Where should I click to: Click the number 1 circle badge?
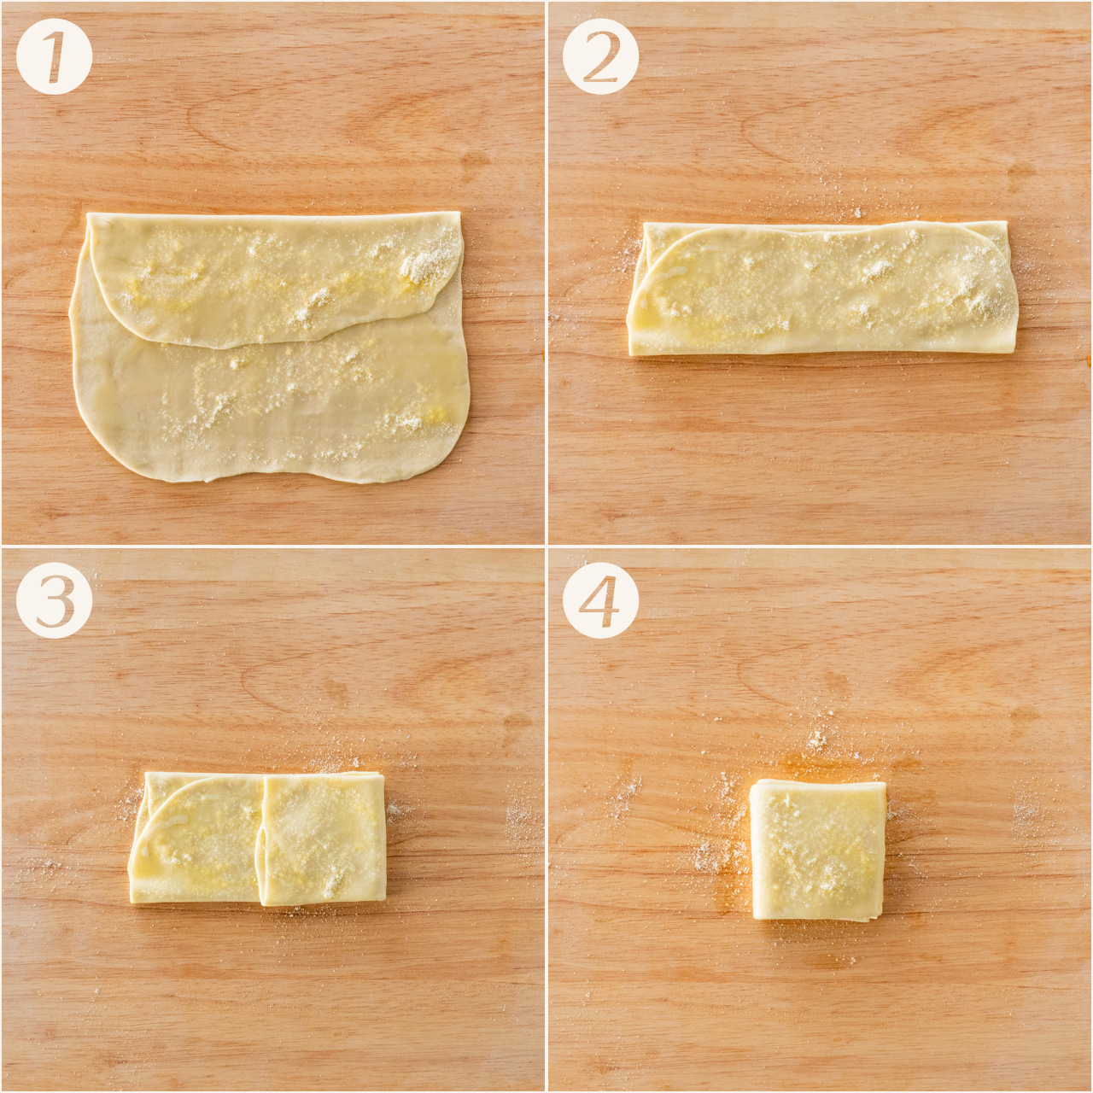[54, 56]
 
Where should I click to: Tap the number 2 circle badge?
[600, 56]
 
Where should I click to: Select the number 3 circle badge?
[54, 603]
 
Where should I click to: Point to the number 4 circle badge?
[600, 603]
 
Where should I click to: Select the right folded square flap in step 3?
[324, 839]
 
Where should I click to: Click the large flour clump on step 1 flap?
[420, 266]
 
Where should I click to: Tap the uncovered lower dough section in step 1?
[272, 408]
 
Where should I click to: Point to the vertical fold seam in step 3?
[262, 839]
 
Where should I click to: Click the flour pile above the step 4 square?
[817, 738]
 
